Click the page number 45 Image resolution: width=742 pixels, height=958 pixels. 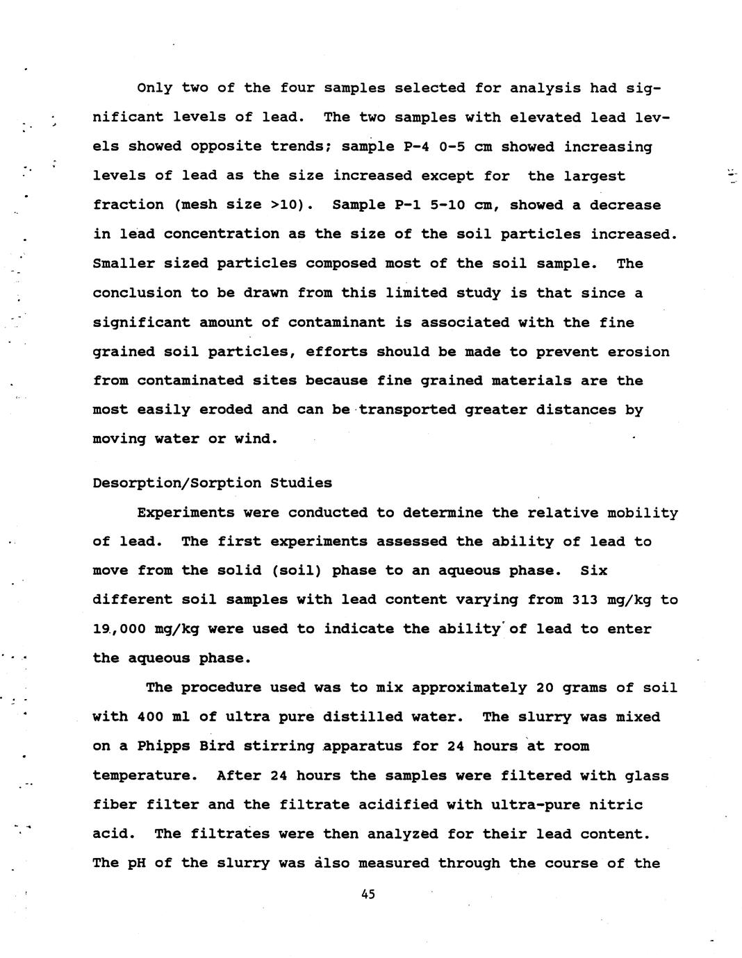368,895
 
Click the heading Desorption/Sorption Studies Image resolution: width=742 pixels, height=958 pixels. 213,483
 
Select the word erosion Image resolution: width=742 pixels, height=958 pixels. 638,352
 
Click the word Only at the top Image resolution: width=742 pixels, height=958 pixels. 154,88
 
